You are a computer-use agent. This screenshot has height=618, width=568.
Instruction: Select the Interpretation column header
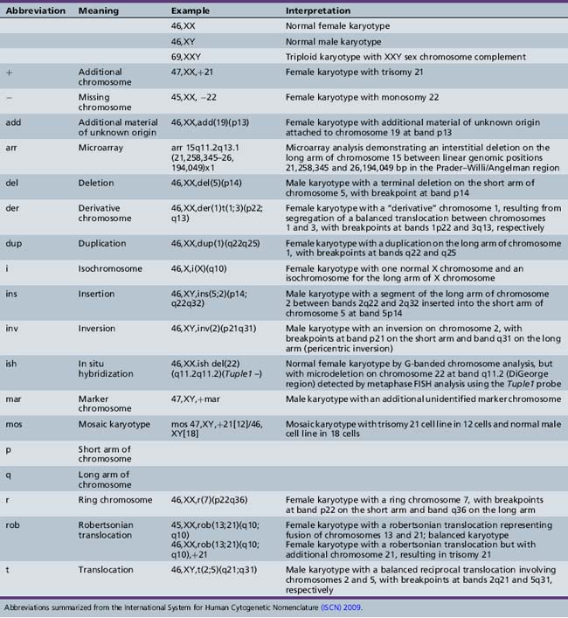tap(318, 10)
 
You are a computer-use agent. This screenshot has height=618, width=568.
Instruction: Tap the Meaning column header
tap(98, 10)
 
